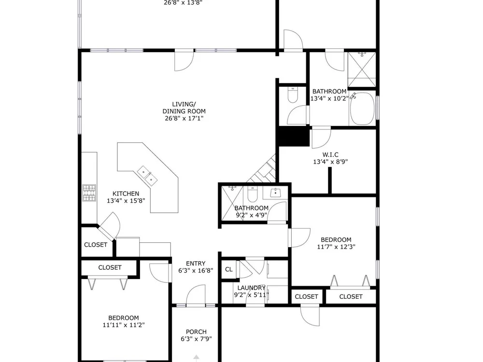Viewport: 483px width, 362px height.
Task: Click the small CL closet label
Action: [x=228, y=269]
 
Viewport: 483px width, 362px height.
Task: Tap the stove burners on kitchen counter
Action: [x=89, y=193]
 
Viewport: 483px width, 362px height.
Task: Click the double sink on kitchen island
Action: [x=147, y=176]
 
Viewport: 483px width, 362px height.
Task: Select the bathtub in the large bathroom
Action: [x=362, y=109]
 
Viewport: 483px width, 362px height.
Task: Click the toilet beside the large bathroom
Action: [x=292, y=95]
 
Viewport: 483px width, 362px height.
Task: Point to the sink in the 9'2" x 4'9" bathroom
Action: [x=275, y=193]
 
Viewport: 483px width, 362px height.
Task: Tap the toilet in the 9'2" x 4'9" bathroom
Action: [x=252, y=194]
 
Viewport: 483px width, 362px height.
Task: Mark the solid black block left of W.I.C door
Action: [x=294, y=137]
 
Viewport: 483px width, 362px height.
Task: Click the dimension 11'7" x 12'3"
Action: [x=336, y=247]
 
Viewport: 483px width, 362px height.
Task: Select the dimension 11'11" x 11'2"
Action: [x=124, y=325]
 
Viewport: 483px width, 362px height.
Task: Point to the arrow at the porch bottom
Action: [x=196, y=358]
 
